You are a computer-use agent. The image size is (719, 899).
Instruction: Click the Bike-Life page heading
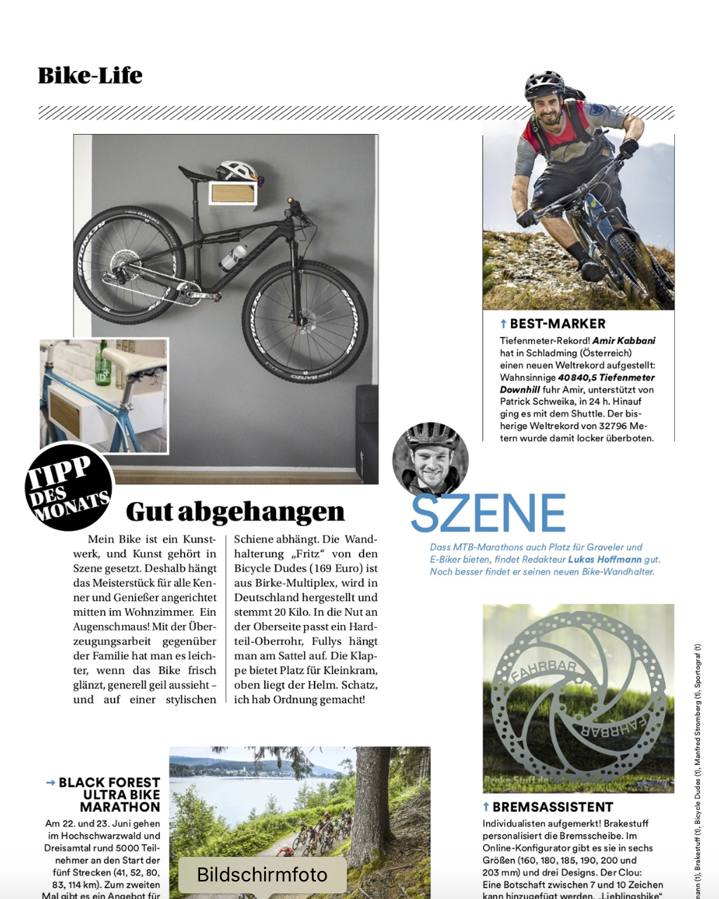point(90,76)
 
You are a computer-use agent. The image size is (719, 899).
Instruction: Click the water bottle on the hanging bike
point(235,257)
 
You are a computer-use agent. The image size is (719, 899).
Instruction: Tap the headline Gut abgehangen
point(235,512)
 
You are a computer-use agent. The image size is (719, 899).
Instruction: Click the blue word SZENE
point(488,513)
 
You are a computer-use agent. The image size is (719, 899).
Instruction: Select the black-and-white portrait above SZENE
point(430,459)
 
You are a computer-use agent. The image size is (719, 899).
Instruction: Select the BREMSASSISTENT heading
point(552,807)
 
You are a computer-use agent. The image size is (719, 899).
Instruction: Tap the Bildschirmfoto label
point(262,874)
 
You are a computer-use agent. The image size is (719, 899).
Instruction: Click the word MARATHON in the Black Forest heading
point(120,807)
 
